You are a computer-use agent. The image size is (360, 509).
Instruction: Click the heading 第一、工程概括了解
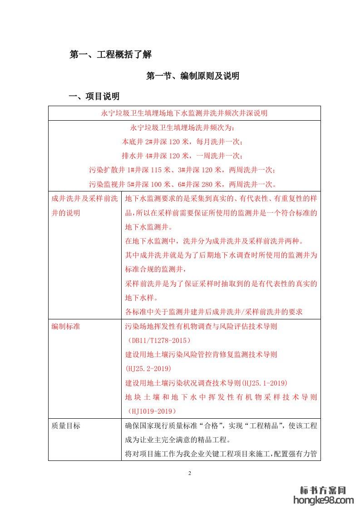point(110,55)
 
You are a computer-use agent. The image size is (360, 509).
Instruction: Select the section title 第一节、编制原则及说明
point(192,76)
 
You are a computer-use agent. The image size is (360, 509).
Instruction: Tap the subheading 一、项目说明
point(94,96)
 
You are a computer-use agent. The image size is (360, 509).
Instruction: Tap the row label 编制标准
point(66,326)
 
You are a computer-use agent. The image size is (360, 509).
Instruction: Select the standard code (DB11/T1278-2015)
point(158,340)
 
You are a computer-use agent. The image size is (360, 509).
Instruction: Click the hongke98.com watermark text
point(324,500)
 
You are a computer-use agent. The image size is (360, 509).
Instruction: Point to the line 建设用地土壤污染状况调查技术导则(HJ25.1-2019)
point(206,383)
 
